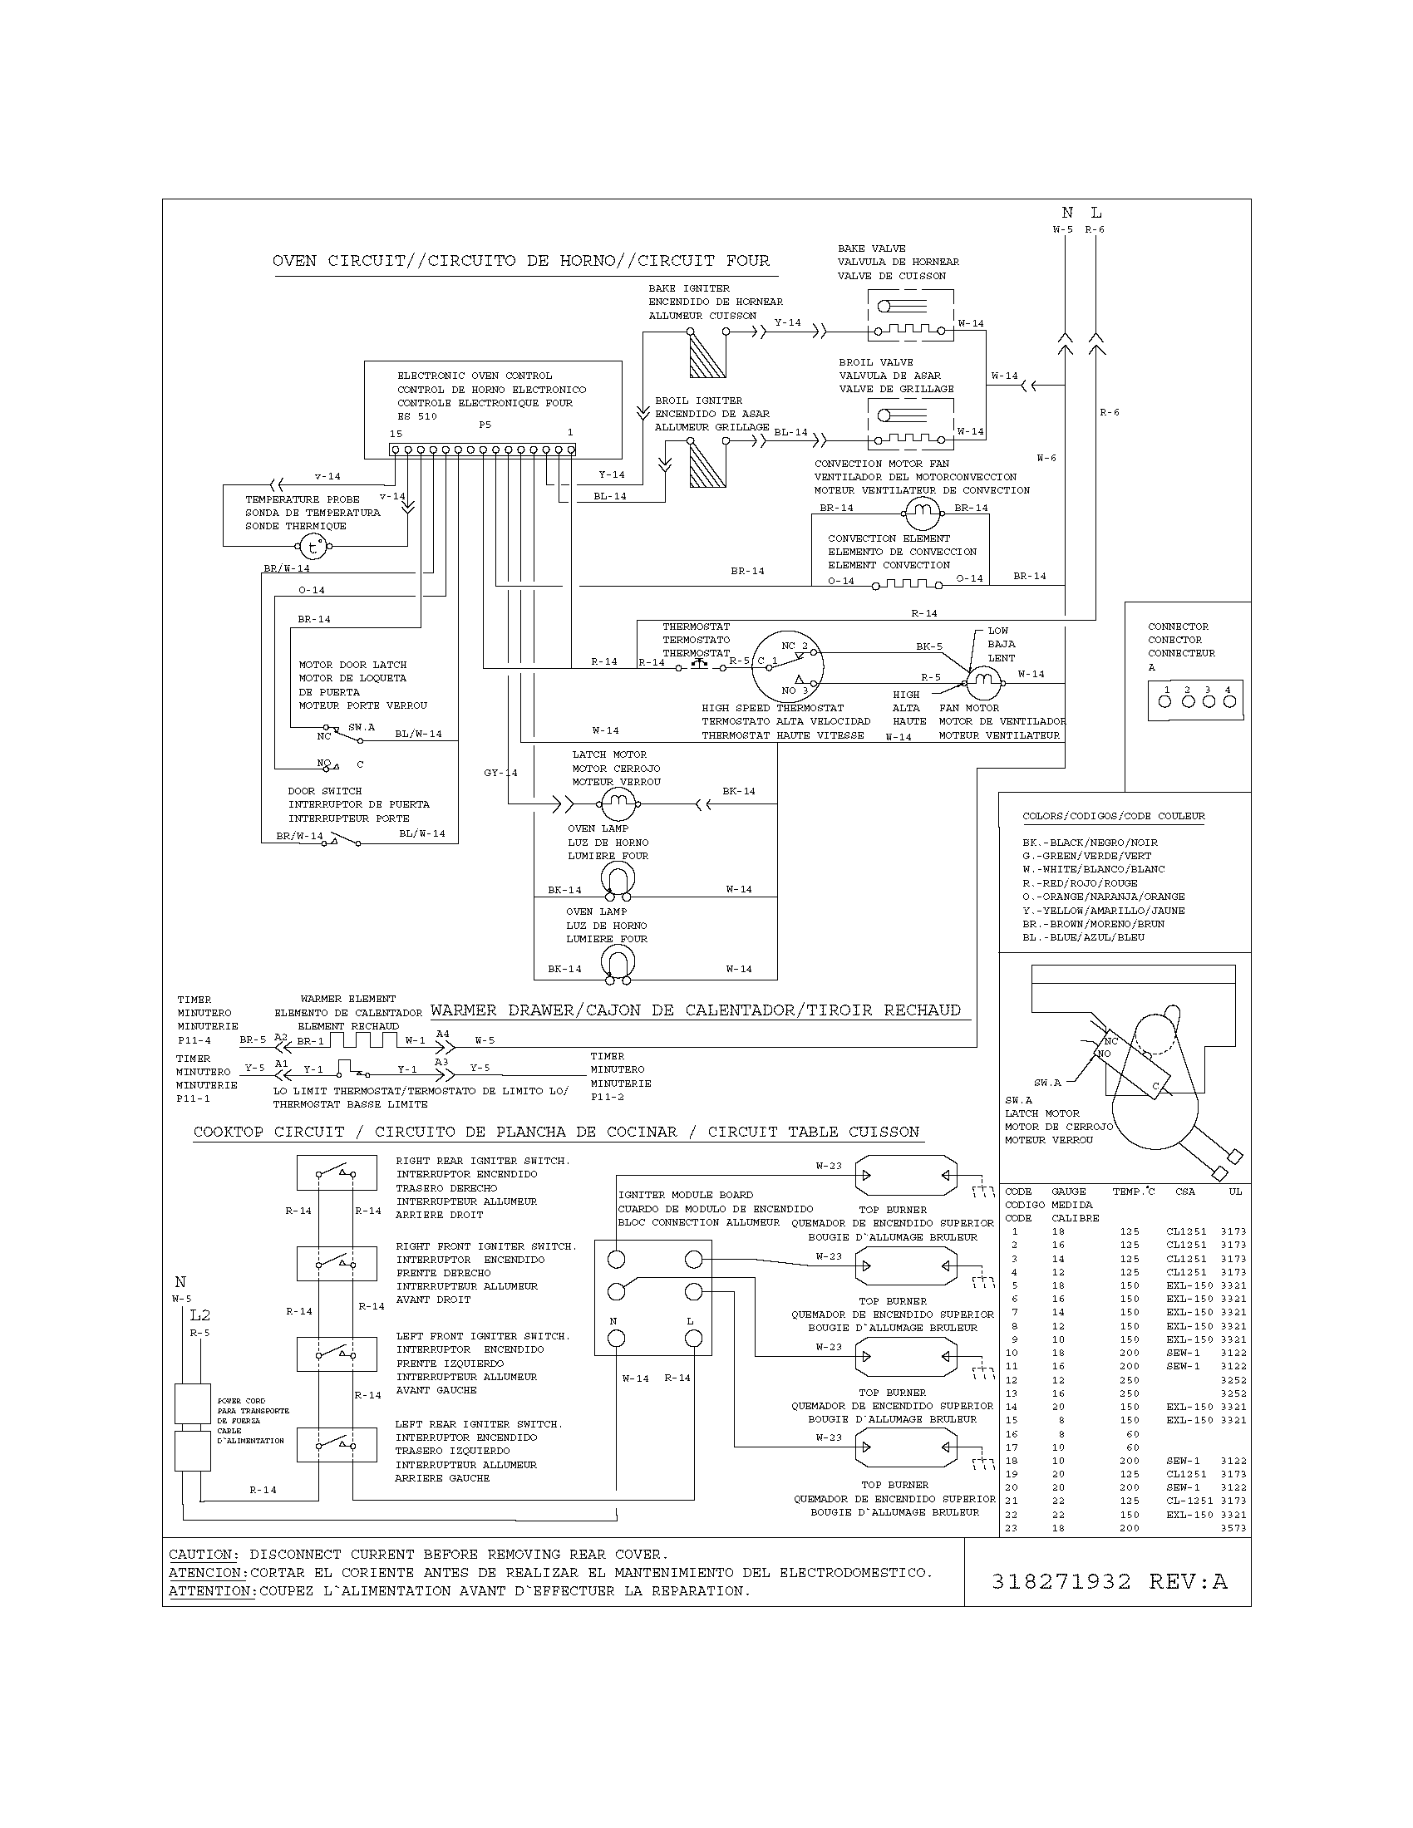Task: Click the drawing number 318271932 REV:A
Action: point(1108,1581)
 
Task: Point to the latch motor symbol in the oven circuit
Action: point(618,804)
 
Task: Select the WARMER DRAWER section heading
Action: point(696,1010)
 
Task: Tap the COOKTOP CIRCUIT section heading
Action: point(556,1132)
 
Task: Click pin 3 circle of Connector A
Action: point(1208,701)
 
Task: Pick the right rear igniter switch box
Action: point(337,1172)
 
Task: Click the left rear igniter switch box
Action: point(337,1444)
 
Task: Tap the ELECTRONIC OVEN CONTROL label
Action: point(475,376)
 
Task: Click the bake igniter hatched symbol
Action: point(707,354)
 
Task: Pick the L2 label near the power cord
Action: point(199,1315)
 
